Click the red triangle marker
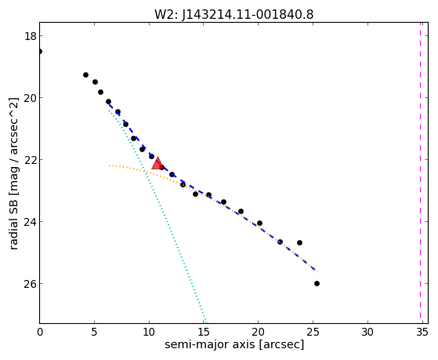coord(157,164)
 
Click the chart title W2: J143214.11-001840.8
coord(234,15)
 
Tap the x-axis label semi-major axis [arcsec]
coord(234,344)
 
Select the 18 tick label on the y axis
coord(30,36)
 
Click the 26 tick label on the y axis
coord(30,284)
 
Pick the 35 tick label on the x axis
coord(422,333)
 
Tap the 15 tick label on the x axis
coord(204,333)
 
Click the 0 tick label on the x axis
coord(40,333)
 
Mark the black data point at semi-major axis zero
coord(40,52)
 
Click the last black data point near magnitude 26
coord(317,284)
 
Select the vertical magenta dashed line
coord(420,173)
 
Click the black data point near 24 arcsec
coord(299,243)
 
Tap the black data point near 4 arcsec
coord(85,75)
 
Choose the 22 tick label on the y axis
coord(30,160)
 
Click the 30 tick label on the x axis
coord(367,333)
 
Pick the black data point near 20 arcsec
coord(259,224)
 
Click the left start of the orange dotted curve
coord(109,165)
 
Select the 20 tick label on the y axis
coord(30,98)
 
